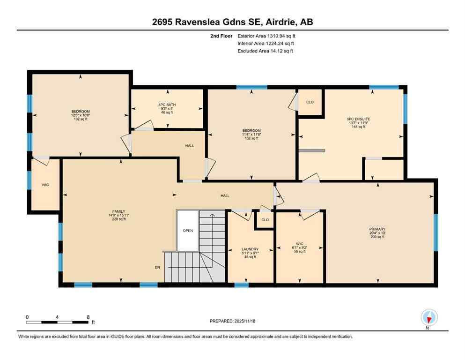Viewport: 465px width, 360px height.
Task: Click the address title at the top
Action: point(232,22)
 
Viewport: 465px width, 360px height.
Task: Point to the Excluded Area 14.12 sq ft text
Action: point(265,51)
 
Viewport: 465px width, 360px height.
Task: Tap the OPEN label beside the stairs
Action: point(188,231)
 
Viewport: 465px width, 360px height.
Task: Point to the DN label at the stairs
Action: point(157,268)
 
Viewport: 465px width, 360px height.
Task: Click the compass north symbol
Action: point(429,318)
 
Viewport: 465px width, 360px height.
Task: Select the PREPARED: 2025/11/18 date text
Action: point(232,321)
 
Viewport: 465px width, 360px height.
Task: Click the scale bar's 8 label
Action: point(88,317)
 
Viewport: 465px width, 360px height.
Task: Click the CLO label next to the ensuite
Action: point(310,102)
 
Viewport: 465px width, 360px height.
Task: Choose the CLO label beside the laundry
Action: point(265,219)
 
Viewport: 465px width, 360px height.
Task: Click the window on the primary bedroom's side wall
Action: point(435,232)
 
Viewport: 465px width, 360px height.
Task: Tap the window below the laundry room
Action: point(241,285)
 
